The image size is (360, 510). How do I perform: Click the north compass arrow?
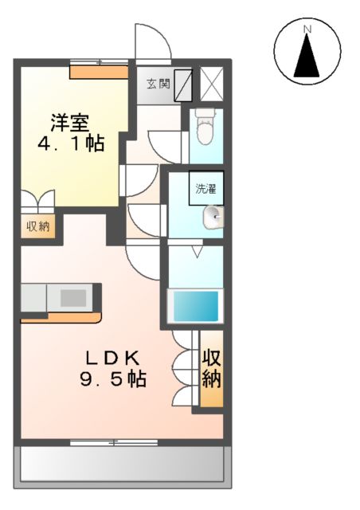(307, 56)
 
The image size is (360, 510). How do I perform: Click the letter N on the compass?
(307, 29)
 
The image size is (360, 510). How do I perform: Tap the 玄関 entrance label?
(158, 84)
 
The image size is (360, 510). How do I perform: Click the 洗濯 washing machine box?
(206, 189)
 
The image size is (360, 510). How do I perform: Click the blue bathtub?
(196, 305)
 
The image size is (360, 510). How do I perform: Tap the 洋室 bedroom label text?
(69, 124)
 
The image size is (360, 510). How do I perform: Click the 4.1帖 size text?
(69, 145)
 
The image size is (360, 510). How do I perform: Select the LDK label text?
(112, 357)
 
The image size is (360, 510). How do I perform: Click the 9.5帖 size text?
(112, 379)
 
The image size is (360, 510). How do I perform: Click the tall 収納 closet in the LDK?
(210, 367)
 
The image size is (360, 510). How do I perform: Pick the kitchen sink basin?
(73, 298)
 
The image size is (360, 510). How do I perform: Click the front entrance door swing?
(151, 41)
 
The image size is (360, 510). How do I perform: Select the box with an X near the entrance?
(212, 82)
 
